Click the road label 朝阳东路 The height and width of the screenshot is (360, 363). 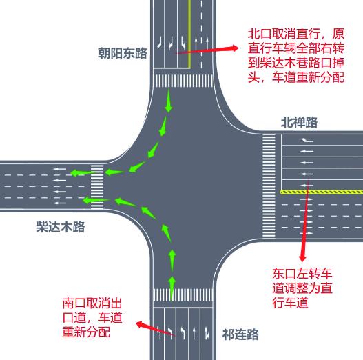[x=123, y=53]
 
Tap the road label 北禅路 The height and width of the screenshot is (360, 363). [x=299, y=122]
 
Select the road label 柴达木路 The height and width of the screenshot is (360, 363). [x=61, y=227]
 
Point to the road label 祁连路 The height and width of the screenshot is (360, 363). [x=240, y=334]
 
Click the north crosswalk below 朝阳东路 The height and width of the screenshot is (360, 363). [x=183, y=81]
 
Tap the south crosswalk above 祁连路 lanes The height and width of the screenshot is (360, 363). [x=183, y=295]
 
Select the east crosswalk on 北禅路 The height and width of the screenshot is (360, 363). [x=269, y=186]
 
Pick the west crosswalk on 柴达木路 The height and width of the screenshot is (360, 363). [x=97, y=187]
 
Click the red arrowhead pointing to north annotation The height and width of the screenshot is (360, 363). [x=234, y=48]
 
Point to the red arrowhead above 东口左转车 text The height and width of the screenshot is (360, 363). [x=302, y=258]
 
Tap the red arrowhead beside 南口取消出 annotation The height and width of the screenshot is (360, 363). [x=139, y=324]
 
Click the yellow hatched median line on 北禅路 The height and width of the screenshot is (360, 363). [x=322, y=192]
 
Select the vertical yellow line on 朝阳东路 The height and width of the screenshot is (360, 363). [x=189, y=34]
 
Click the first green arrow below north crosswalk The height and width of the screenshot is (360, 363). [x=169, y=101]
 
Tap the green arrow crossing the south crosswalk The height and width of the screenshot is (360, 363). [x=172, y=288]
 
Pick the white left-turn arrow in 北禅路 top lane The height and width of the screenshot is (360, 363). [x=307, y=140]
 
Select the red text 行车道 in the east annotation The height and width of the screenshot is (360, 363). [x=290, y=303]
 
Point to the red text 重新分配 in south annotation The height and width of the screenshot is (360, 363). [x=86, y=332]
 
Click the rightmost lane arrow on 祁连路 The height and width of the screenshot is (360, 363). [x=207, y=333]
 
